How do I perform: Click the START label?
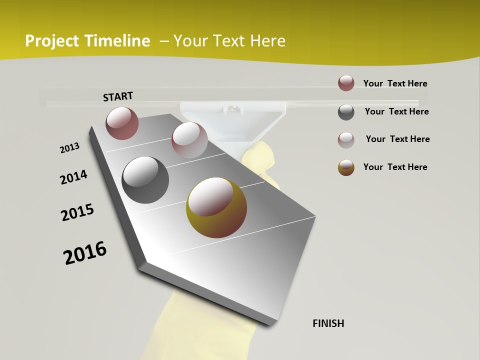click(118, 96)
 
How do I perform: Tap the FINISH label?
click(328, 323)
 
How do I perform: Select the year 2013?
click(69, 148)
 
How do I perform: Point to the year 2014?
click(73, 177)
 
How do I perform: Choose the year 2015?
click(77, 212)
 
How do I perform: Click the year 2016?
click(85, 252)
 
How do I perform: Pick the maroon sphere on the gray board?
click(122, 123)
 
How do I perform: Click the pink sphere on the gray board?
click(189, 140)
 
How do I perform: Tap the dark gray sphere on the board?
click(145, 180)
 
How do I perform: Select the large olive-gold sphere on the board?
click(216, 207)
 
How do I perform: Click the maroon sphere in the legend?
click(346, 83)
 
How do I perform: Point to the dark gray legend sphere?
click(346, 112)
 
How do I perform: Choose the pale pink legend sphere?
click(346, 140)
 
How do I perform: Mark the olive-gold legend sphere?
click(346, 167)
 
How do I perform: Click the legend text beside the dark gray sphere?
click(396, 111)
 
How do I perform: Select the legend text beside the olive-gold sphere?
click(395, 167)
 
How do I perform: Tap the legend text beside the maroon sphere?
click(395, 83)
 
